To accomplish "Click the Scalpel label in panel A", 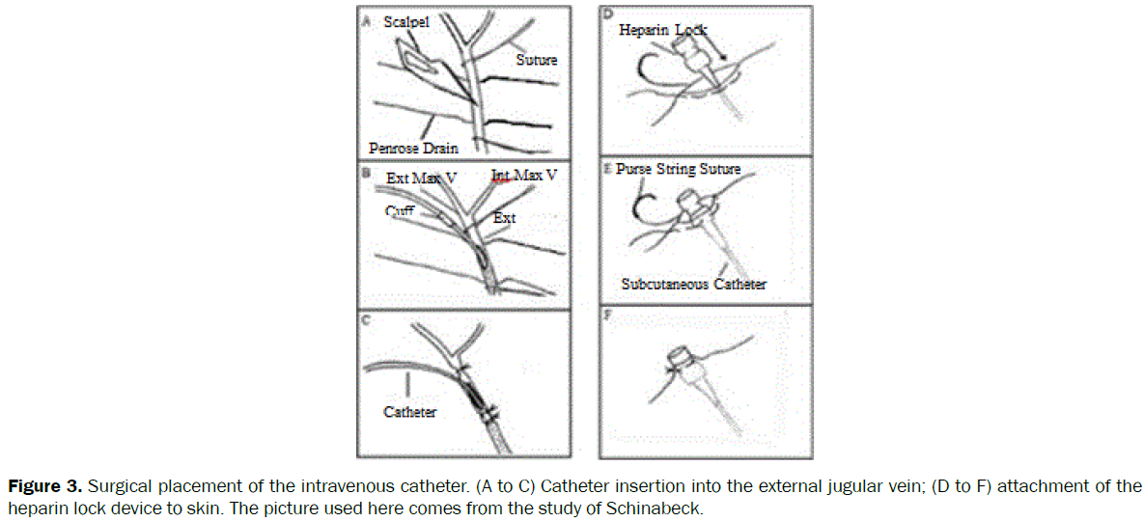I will tap(407, 22).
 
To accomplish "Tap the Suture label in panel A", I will tap(536, 60).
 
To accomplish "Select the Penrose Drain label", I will tap(413, 148).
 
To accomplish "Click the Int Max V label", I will tap(524, 177).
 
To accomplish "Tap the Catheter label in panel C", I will tap(409, 412).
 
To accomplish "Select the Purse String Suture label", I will tap(678, 169).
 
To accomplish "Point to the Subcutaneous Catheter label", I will tap(693, 284).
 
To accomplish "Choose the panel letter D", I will tap(607, 14).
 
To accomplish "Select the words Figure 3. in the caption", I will tap(41, 485).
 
